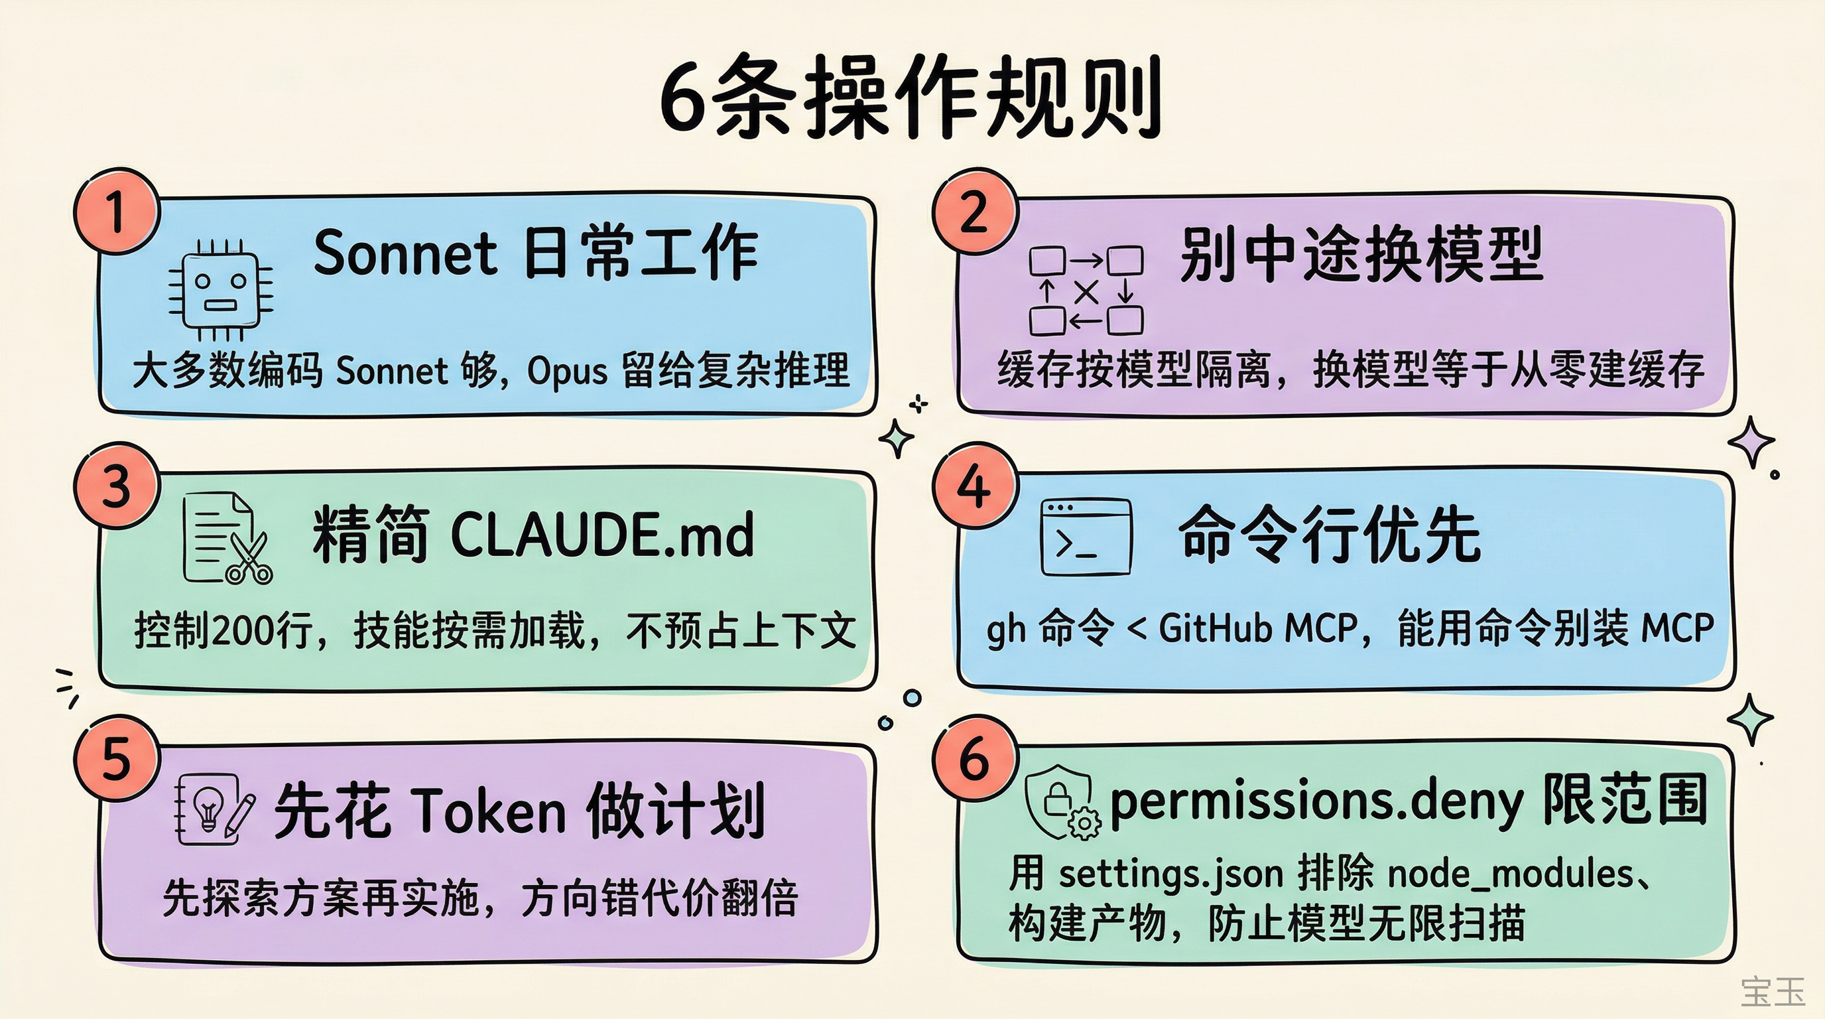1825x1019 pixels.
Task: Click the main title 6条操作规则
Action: pos(911,96)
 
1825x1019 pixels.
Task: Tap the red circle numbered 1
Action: pos(117,212)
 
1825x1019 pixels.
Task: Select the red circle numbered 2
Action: pos(975,210)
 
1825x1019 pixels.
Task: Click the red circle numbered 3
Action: pos(117,486)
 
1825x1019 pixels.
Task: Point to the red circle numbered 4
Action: pos(975,486)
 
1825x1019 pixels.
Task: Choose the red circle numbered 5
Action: pos(117,758)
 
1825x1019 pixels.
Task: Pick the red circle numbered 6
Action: pos(975,758)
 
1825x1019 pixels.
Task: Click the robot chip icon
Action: pos(220,291)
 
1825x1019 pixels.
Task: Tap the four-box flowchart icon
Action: pos(1086,291)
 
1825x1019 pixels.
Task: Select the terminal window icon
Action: pos(1086,537)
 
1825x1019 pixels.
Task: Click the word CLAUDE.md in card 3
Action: pos(601,535)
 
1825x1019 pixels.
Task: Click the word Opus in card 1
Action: pos(568,371)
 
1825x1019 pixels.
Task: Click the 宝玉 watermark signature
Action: pos(1773,991)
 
